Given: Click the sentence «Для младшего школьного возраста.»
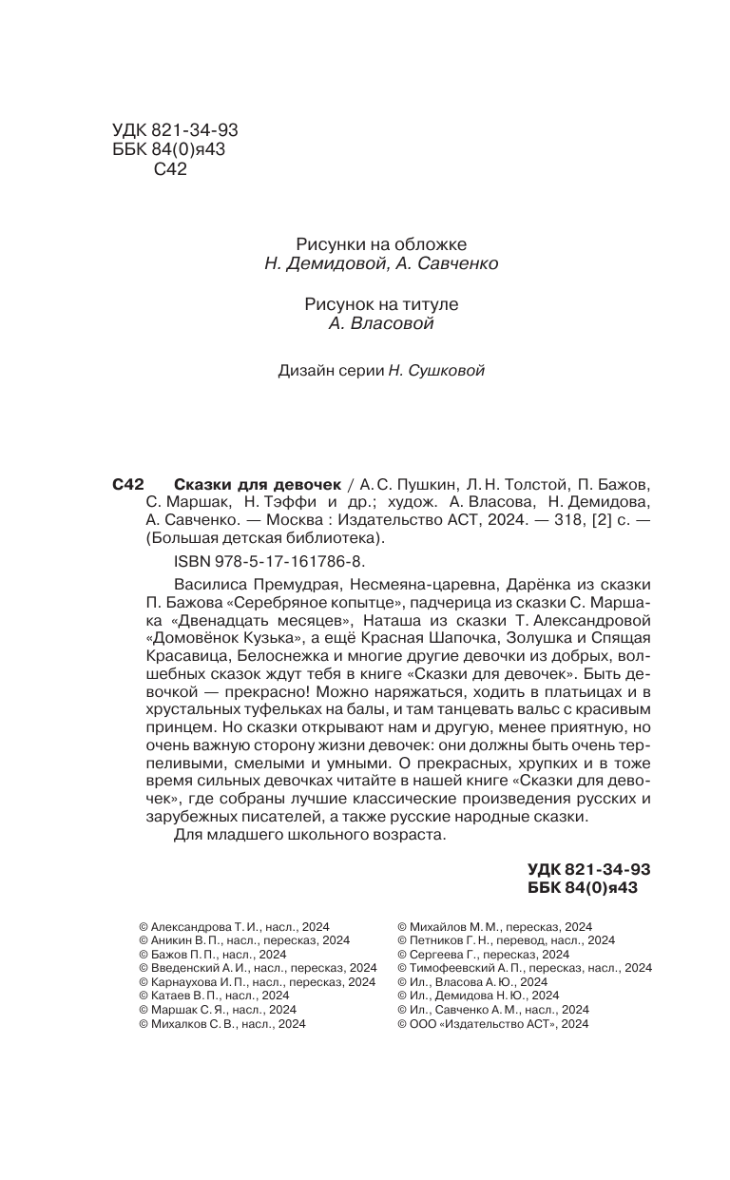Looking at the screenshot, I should tap(310, 834).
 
